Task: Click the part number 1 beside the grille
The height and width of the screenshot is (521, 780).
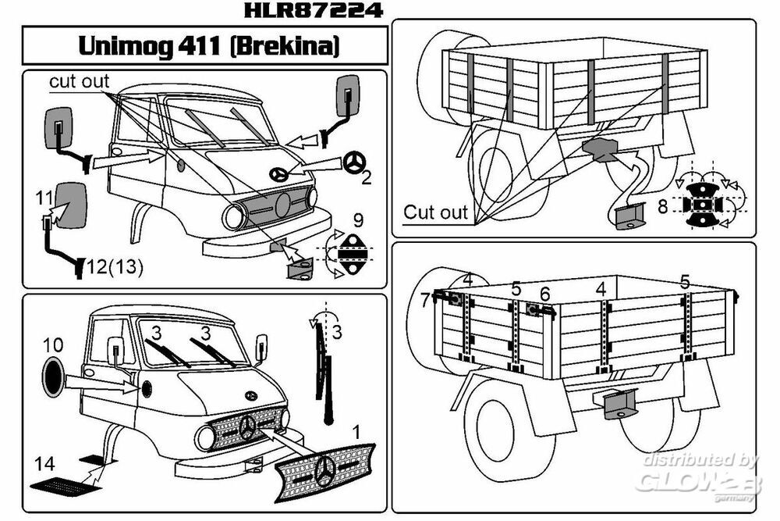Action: [x=356, y=430]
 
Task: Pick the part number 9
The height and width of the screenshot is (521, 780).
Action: [x=357, y=219]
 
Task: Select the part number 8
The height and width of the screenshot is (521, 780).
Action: [x=663, y=208]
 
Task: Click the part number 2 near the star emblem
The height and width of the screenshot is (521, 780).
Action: [x=366, y=177]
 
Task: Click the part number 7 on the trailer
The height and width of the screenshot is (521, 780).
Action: [x=424, y=299]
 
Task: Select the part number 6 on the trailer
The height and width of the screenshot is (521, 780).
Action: [x=544, y=293]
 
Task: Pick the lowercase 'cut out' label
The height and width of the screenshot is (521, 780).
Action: [x=80, y=82]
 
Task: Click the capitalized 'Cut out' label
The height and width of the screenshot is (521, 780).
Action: [x=436, y=212]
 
